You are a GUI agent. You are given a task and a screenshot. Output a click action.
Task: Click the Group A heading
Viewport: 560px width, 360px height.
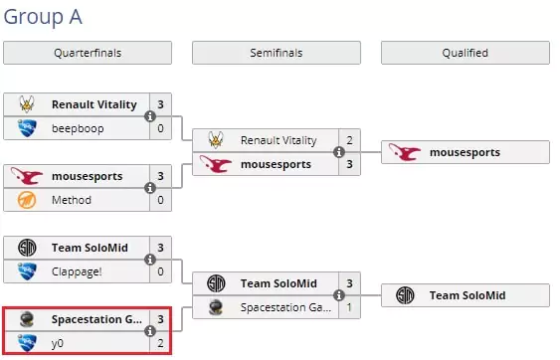43,17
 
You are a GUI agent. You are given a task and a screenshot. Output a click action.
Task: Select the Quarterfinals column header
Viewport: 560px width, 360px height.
88,53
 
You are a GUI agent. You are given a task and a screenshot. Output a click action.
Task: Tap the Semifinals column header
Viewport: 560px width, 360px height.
277,53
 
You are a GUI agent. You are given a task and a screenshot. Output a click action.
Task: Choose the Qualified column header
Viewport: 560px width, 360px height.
466,53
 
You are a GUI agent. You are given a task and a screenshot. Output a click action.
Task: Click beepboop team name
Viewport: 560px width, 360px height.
78,128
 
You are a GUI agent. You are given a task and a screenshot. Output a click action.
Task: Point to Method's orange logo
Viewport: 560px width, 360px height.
27,200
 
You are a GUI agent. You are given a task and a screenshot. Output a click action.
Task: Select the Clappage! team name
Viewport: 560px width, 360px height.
77,271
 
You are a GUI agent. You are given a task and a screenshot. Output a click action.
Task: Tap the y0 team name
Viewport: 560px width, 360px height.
58,343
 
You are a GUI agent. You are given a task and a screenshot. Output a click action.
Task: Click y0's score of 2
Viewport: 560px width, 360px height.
161,343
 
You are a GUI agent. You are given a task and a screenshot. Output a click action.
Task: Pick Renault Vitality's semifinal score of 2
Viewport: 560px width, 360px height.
350,140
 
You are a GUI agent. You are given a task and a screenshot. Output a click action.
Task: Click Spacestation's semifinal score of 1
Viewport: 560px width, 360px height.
349,307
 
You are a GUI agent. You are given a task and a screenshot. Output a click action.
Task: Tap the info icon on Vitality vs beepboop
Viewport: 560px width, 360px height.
150,116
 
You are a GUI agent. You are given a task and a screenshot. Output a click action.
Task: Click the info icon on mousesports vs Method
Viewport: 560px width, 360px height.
150,188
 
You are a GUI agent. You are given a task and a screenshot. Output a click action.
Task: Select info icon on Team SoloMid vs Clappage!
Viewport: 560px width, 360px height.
150,260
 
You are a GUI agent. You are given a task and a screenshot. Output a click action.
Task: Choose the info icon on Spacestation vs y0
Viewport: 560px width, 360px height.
150,331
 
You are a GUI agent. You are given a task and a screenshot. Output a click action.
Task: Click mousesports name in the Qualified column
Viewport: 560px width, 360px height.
465,152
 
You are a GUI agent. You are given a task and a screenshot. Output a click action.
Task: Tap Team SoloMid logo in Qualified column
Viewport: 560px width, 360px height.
405,295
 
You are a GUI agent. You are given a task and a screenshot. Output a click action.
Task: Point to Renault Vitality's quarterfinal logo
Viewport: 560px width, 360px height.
27,104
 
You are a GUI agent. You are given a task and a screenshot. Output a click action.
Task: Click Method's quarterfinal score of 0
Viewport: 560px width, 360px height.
161,200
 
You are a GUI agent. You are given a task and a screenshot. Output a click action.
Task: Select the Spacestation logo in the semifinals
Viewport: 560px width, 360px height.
216,307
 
